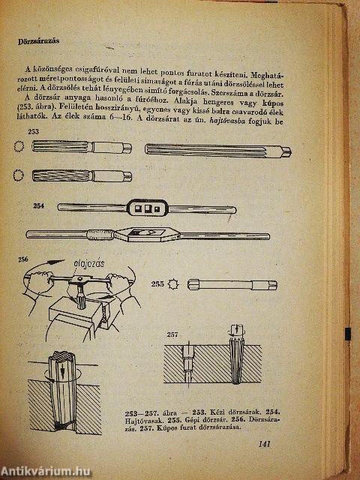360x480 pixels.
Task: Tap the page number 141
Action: pyautogui.click(x=263, y=445)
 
